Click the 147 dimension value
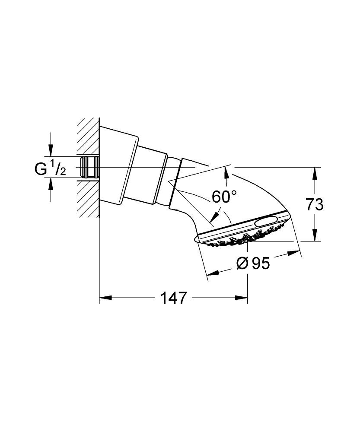click(174, 298)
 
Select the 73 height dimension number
click(314, 205)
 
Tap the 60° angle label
click(224, 197)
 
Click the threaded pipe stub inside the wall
click(89, 168)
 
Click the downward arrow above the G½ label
click(51, 152)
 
